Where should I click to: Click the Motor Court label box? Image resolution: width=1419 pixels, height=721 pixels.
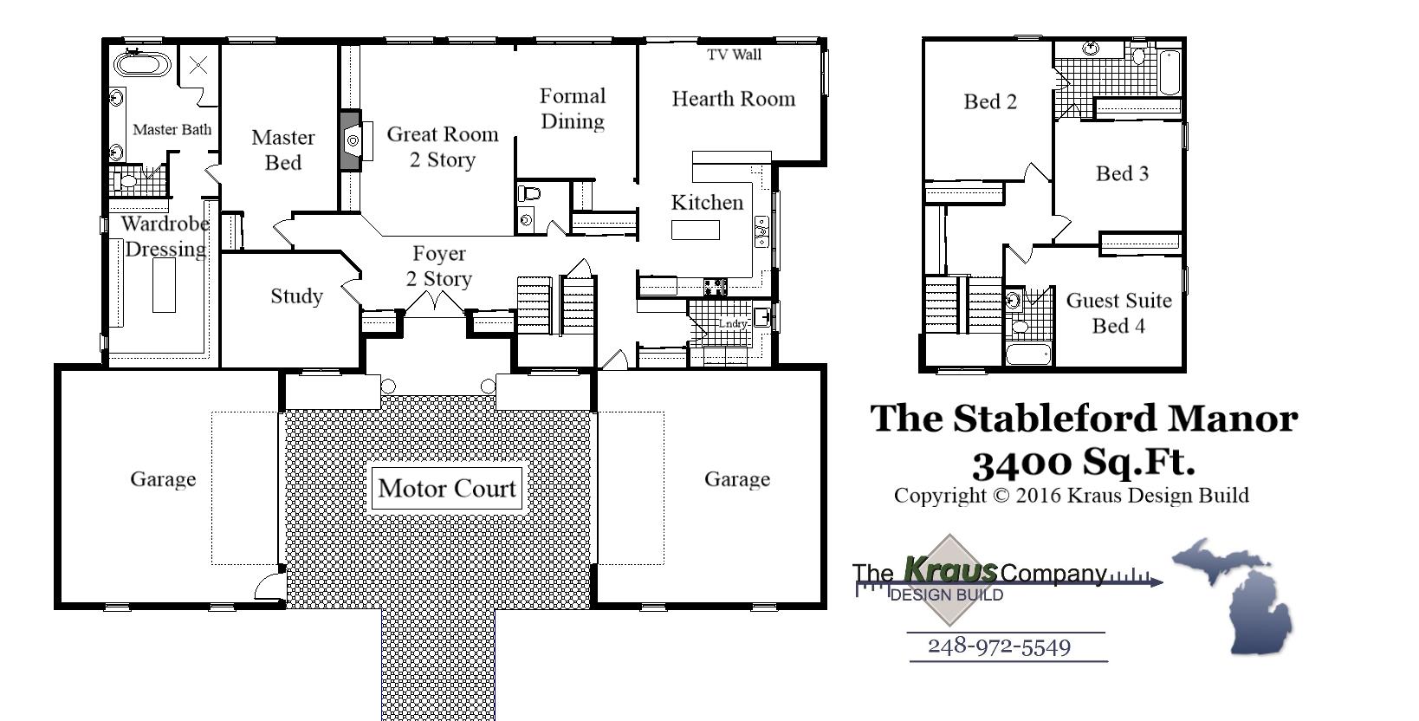coord(447,489)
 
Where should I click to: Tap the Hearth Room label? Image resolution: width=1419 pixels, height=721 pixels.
coord(733,99)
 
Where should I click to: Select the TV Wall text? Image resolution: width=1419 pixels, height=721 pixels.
coord(734,55)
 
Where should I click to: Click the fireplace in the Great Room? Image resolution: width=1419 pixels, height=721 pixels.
coord(351,140)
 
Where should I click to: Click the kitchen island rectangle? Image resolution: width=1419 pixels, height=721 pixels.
coord(696,230)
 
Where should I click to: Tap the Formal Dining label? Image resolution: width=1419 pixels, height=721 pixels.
coord(573,108)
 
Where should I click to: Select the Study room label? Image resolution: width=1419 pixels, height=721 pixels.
coord(296,296)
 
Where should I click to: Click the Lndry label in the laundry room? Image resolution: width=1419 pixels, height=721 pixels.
coord(733,323)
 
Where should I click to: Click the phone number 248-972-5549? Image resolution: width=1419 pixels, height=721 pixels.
coord(999,646)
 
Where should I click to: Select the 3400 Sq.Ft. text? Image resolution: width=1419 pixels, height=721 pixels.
coord(1083,462)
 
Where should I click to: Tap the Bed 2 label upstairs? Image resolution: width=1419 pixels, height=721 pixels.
coord(990,101)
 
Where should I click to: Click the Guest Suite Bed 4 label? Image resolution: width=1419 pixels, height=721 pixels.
coord(1118,313)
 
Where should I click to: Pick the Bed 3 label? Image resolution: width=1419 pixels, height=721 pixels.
coord(1122,173)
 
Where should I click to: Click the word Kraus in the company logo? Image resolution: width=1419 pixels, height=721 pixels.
coord(949,570)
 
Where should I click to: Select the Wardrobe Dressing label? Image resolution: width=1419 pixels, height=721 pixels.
coord(165,236)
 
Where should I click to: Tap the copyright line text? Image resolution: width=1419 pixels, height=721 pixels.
coord(1071,496)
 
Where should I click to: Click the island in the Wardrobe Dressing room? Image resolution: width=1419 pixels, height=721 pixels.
coord(164,285)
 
